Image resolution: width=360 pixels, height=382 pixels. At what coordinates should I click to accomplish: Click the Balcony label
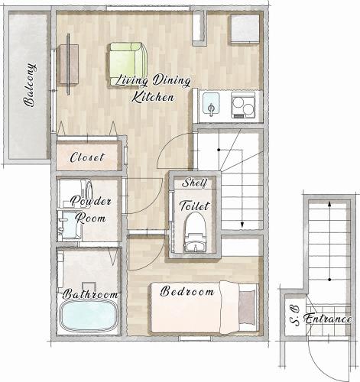(x=30, y=85)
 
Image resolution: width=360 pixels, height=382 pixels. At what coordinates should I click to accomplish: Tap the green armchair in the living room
(x=128, y=64)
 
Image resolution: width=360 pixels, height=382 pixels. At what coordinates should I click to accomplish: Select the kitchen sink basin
(x=211, y=103)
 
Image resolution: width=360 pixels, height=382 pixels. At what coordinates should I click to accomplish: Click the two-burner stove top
(x=243, y=105)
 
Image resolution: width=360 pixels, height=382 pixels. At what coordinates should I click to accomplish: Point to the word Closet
(x=87, y=157)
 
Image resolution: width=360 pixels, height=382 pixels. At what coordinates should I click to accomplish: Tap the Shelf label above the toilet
(x=195, y=183)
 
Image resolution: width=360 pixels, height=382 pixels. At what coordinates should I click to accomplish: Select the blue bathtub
(x=89, y=316)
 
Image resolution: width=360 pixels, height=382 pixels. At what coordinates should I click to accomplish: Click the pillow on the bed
(x=247, y=307)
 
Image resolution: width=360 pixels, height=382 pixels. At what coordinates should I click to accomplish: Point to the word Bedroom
(x=187, y=291)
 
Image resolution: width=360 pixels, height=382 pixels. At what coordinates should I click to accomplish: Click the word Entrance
(x=328, y=319)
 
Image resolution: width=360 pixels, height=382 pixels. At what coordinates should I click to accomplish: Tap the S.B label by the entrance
(x=295, y=316)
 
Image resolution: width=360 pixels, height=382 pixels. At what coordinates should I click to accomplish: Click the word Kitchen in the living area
(x=153, y=97)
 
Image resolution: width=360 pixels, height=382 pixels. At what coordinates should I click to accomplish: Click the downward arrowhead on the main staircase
(x=242, y=225)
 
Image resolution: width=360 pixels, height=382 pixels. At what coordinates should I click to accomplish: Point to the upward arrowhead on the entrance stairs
(x=329, y=204)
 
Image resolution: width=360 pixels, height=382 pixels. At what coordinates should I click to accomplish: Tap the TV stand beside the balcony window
(x=69, y=64)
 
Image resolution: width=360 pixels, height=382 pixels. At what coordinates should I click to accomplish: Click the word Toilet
(x=194, y=206)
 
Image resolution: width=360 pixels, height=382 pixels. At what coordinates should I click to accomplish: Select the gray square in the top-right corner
(x=245, y=28)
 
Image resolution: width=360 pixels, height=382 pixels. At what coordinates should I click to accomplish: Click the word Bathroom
(x=90, y=294)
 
